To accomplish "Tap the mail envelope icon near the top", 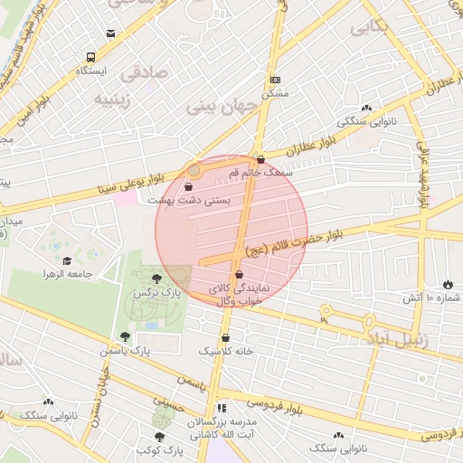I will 110,33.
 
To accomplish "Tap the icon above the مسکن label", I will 275,80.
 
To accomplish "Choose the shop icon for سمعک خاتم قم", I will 260,159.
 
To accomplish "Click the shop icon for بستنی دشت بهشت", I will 187,186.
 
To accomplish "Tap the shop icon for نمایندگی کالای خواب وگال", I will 239,274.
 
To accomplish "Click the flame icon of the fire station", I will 448,284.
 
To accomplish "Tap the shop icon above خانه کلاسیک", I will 225,337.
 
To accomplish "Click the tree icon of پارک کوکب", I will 160,438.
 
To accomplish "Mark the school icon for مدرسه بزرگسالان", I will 222,409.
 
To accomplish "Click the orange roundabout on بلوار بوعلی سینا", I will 194,168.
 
